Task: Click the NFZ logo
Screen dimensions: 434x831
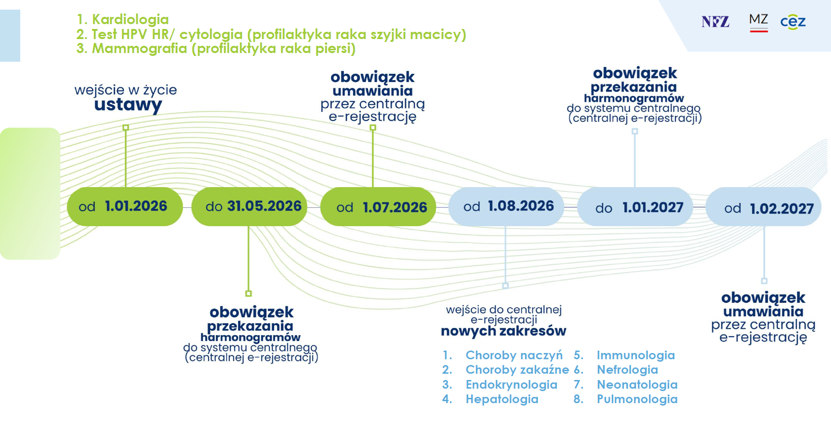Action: (x=715, y=22)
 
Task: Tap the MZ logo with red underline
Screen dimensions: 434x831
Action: (x=758, y=22)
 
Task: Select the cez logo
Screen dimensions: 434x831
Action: (x=793, y=22)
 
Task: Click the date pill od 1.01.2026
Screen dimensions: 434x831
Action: (x=125, y=206)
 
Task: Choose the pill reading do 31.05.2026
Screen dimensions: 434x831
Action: (x=249, y=206)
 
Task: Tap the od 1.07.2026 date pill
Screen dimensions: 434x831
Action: (x=378, y=207)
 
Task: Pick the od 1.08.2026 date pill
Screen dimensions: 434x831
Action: (x=506, y=206)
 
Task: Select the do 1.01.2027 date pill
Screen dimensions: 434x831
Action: (x=635, y=207)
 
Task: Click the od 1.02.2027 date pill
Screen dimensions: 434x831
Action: (x=764, y=207)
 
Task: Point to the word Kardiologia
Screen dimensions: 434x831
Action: (x=130, y=19)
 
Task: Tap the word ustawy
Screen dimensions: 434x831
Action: (x=128, y=105)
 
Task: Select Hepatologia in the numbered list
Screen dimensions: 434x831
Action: (x=502, y=399)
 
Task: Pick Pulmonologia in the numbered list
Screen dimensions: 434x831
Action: (x=637, y=399)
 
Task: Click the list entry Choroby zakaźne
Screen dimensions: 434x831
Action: (x=517, y=370)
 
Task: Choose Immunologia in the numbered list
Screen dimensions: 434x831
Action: (x=635, y=355)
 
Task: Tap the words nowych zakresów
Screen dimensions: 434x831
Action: (x=503, y=331)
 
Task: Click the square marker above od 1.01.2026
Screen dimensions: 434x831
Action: (x=126, y=128)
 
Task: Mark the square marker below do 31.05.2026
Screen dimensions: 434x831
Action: (x=249, y=293)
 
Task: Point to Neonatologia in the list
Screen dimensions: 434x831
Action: (x=637, y=385)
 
